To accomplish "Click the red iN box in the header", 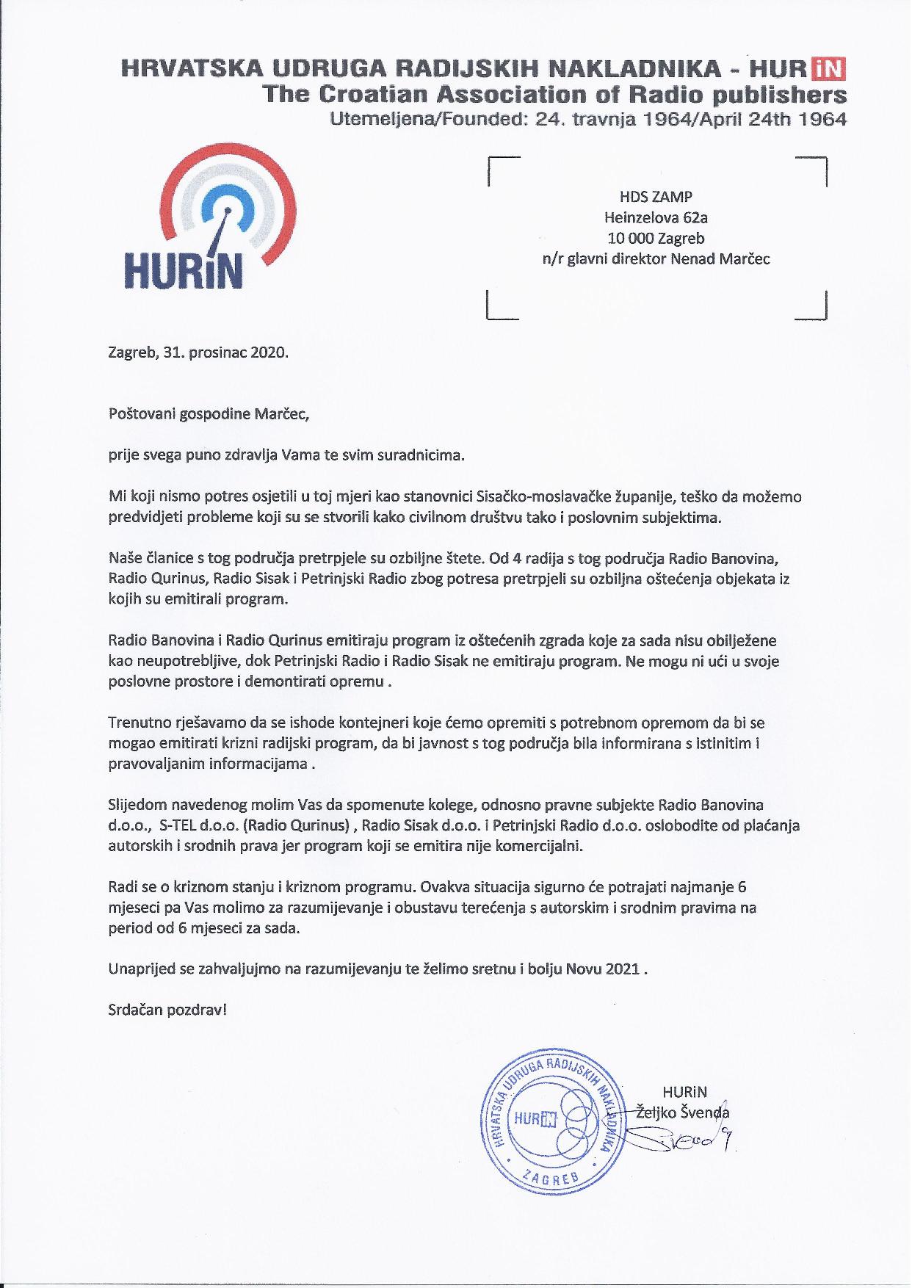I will (828, 69).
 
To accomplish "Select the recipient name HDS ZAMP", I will (656, 197).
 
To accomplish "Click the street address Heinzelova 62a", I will (656, 217).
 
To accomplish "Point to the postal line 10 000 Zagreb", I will (656, 238).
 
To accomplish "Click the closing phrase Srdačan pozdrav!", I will (167, 1010).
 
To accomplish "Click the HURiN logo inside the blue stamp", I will (535, 1118).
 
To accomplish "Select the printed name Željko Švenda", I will (681, 1112).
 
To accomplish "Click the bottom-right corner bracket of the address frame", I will (814, 307).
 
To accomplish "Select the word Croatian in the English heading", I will (366, 94).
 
